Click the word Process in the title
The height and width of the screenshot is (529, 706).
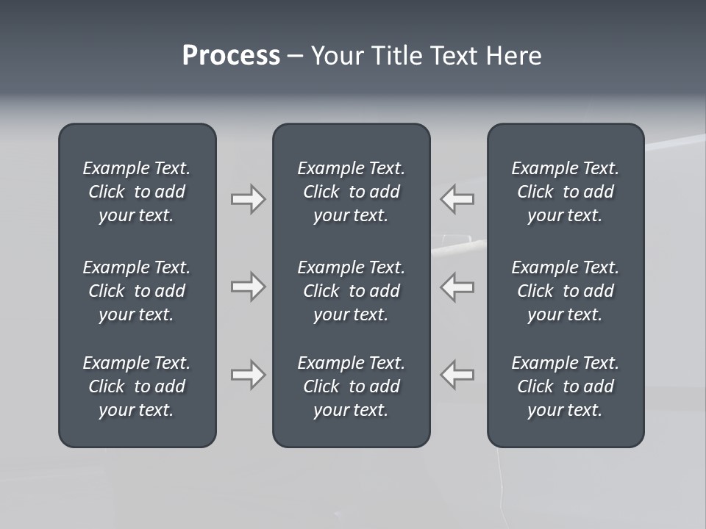[231, 56]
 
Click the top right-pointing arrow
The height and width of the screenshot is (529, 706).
[248, 199]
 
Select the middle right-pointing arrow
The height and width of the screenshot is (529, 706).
[248, 287]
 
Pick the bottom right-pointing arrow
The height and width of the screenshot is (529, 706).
[248, 375]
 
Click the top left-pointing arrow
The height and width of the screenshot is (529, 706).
[457, 199]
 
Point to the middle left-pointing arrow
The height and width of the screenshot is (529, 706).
[457, 287]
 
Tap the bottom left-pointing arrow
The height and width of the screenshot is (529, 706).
[457, 375]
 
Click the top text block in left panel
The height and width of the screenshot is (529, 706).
[137, 192]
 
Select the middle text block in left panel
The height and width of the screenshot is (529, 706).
[137, 291]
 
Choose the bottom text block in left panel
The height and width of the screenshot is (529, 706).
[137, 386]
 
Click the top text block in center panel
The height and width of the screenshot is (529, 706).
[351, 192]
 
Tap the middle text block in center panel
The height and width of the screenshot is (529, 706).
[351, 291]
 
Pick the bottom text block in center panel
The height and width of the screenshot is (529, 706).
[351, 386]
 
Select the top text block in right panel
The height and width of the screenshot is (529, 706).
[565, 192]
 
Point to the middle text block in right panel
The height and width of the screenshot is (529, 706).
[565, 291]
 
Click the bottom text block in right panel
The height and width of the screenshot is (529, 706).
[565, 386]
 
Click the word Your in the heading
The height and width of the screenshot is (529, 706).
[335, 56]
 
